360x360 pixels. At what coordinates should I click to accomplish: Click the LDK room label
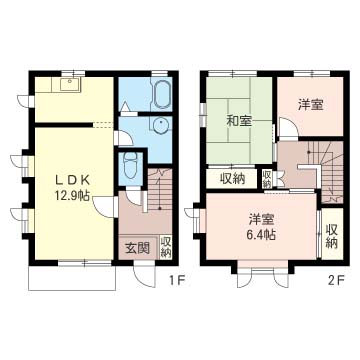72,180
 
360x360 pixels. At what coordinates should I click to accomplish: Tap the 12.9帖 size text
72,196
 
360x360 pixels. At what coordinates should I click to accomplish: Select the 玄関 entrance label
137,248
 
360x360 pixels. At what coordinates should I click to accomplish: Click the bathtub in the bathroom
162,94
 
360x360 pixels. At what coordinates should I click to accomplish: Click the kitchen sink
70,85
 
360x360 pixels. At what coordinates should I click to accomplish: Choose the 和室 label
239,121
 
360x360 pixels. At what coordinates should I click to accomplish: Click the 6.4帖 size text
262,236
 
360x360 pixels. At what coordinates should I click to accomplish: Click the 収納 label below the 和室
232,179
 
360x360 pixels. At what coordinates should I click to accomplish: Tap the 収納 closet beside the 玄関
166,247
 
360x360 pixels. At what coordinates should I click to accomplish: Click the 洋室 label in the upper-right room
310,105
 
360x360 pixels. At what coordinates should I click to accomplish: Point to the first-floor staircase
160,189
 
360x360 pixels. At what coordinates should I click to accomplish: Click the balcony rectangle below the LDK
72,278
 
